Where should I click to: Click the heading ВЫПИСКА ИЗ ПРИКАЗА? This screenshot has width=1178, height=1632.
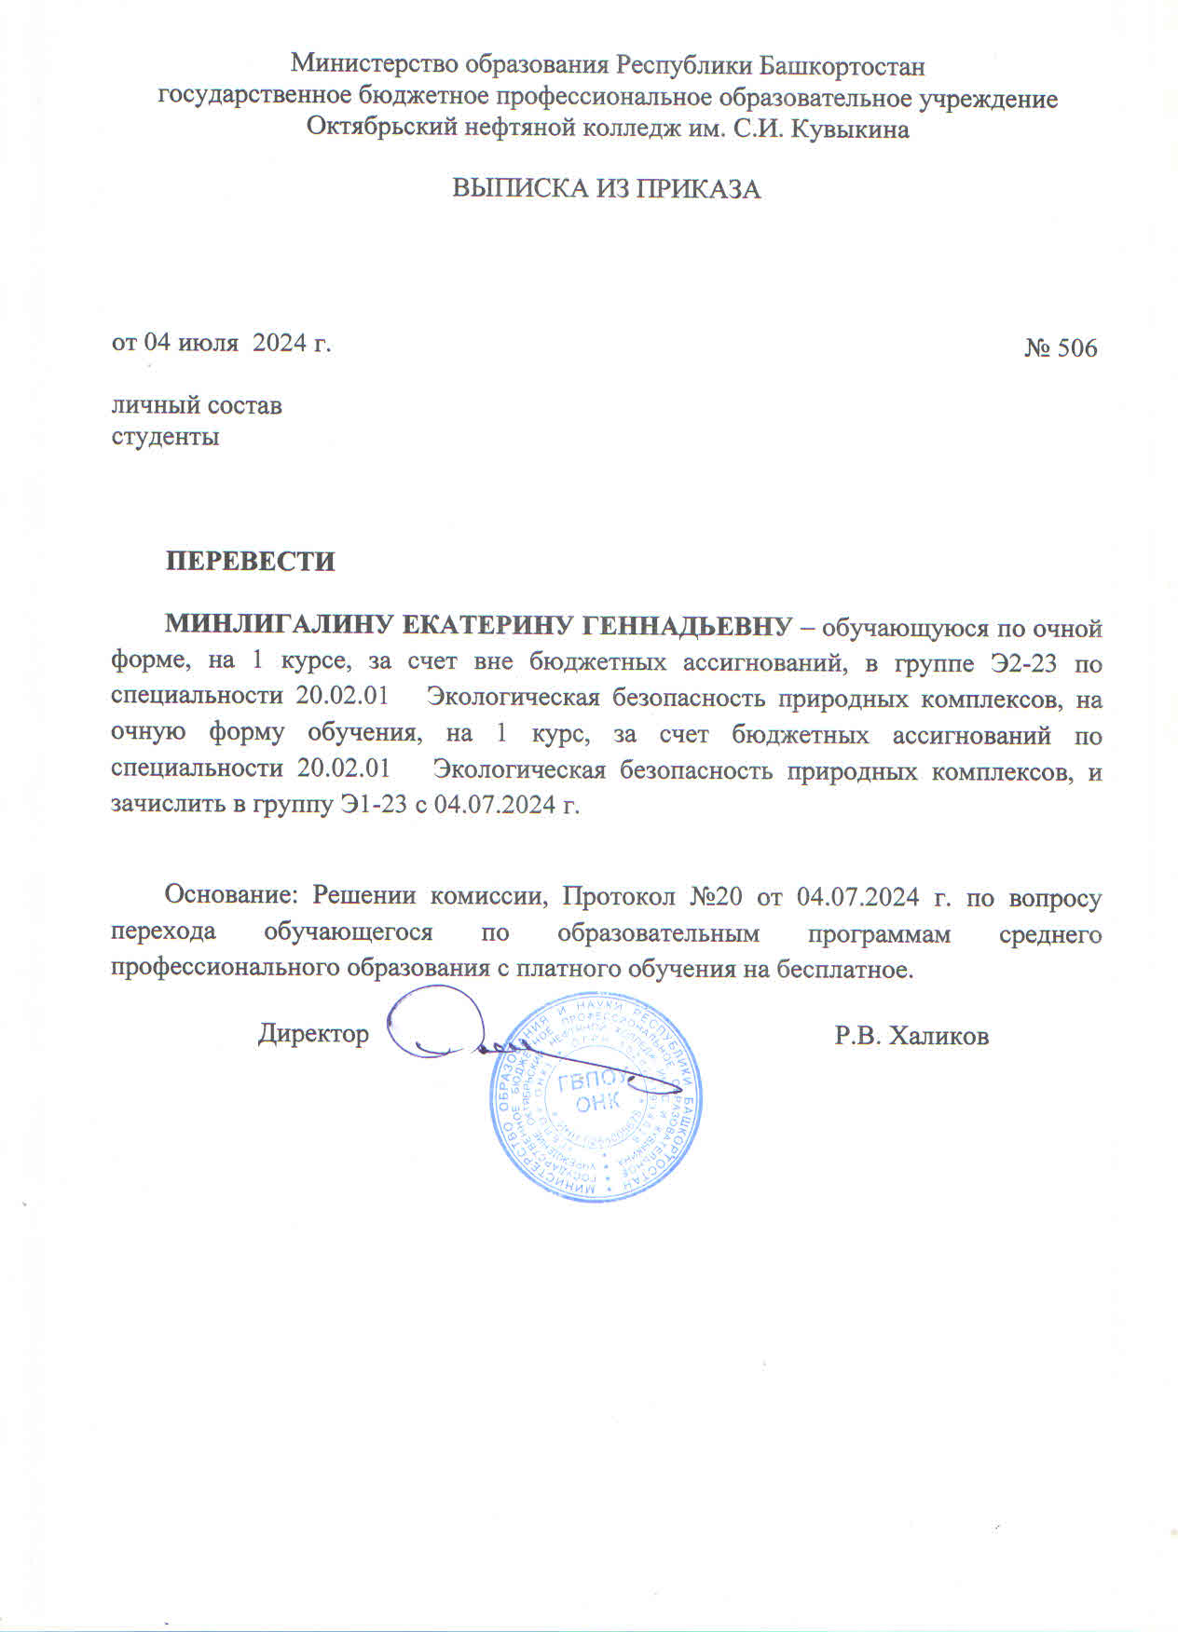(607, 189)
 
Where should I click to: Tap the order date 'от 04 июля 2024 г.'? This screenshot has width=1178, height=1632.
(222, 343)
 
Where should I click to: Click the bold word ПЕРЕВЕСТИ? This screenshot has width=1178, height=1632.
(250, 562)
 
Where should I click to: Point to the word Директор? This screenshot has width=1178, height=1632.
(313, 1034)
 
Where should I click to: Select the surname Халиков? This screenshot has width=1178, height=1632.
(938, 1036)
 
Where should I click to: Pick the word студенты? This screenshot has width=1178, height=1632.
(165, 436)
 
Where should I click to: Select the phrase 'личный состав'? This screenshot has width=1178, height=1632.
(197, 405)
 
